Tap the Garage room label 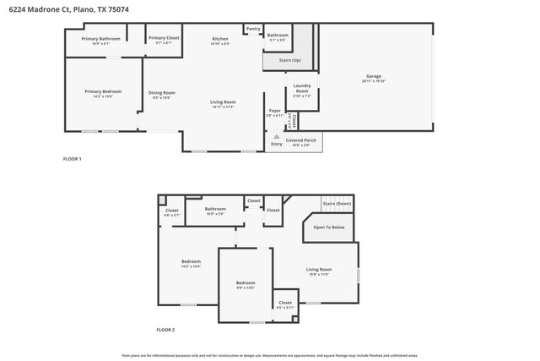coord(374,77)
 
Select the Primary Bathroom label coord(100,39)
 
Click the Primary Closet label coord(164,38)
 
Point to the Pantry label coord(253,29)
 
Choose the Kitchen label coord(220,39)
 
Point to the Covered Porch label coord(301,139)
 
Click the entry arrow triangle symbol coord(275,135)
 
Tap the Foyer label coord(274,111)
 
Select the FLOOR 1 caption coord(73,159)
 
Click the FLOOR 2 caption coord(165,329)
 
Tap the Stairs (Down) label coord(337,204)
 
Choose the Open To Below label coord(328,227)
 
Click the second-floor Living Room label coord(319,270)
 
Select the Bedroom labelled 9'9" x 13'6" coord(246,282)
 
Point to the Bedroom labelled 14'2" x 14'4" coord(191,261)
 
